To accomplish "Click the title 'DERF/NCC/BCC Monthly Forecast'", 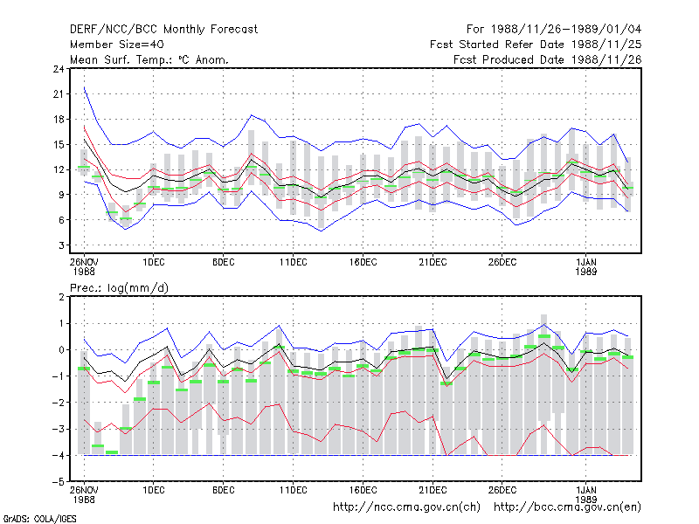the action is point(163,30).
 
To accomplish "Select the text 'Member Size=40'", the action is point(117,45).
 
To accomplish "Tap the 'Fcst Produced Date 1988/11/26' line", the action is point(548,59).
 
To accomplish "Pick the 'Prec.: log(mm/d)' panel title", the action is point(119,288).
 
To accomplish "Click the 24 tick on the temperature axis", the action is point(59,69).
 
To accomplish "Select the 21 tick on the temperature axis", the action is point(59,94).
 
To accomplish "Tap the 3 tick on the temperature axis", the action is point(61,245).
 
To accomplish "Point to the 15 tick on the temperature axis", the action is point(59,144).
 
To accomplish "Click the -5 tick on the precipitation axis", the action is point(59,482).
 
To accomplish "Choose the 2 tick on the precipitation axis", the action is point(61,297).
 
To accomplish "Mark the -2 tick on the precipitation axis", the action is point(59,403).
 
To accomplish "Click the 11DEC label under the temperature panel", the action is point(294,263).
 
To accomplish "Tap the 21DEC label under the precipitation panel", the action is point(433,490).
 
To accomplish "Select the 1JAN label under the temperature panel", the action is point(586,263).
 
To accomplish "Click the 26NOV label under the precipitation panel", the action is point(84,490).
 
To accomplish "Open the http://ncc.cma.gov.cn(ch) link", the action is point(407,507).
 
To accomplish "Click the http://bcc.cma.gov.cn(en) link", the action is point(567,507).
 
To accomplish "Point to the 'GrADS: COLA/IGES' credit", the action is point(40,519).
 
